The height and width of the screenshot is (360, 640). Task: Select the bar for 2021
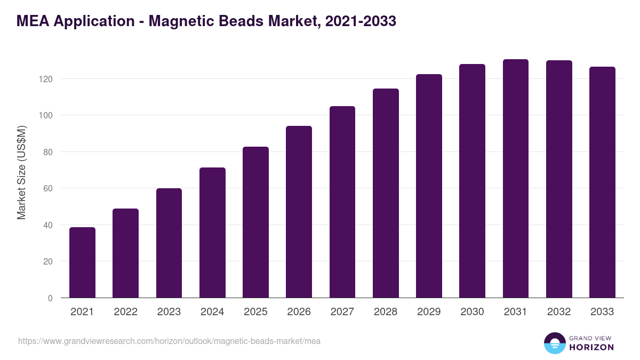tap(82, 262)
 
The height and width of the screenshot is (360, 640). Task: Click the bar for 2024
tap(212, 233)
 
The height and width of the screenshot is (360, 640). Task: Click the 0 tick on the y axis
tap(50, 298)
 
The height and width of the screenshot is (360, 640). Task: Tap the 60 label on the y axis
tap(48, 188)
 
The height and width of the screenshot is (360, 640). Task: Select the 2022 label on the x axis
tap(125, 312)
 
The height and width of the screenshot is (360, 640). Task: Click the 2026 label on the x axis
tap(299, 312)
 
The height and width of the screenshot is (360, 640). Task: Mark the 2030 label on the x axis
tap(472, 312)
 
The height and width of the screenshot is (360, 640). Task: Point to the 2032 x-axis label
tap(559, 312)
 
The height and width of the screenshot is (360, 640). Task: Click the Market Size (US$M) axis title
tap(21, 172)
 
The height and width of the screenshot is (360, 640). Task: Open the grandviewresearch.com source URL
tap(169, 341)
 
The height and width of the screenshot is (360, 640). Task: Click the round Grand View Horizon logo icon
tap(554, 343)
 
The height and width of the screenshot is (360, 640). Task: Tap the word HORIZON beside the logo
tap(591, 347)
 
